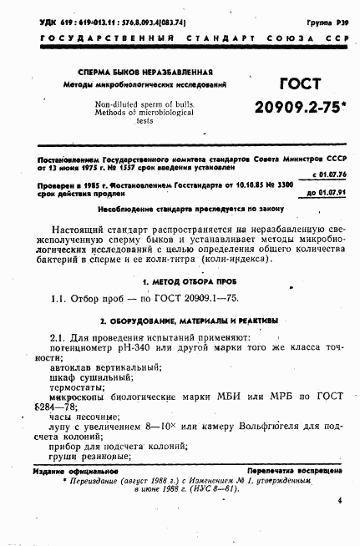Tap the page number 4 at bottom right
(x=340, y=501)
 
